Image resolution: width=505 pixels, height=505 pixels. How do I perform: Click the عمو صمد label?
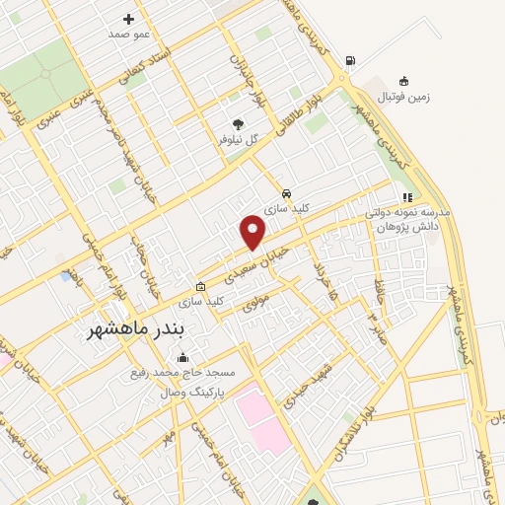tap(128, 35)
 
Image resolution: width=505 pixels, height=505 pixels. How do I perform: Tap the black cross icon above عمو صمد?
tap(128, 19)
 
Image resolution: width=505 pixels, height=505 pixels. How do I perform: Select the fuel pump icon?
tap(350, 61)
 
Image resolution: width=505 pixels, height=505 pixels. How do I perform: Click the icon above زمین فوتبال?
tap(403, 81)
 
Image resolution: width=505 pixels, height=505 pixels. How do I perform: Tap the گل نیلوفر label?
tap(238, 139)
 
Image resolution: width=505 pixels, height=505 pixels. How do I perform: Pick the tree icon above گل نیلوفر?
tap(238, 123)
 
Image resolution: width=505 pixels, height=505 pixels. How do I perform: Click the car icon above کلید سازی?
tap(286, 193)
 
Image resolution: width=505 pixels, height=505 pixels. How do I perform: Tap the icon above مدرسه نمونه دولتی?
tap(407, 197)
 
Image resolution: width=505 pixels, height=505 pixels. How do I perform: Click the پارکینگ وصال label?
tap(194, 392)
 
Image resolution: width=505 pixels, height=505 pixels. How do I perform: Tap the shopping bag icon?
tap(201, 285)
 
